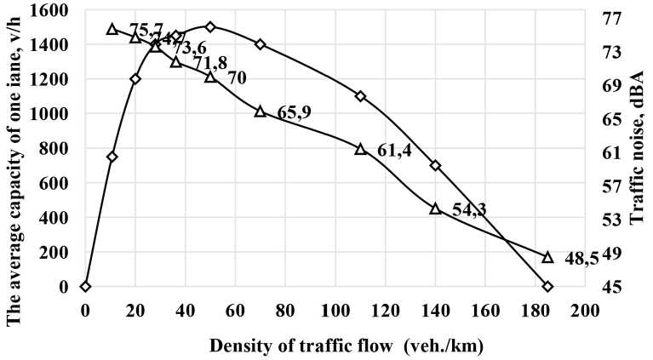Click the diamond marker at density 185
pos(547,287)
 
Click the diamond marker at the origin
pos(85,287)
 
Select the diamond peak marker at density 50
pos(210,26)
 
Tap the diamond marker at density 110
pos(360,96)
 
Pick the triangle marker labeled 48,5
pos(547,257)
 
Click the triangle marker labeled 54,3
pos(435,209)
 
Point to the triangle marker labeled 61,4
pos(360,149)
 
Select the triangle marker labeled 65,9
pos(261,111)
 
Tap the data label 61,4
pos(395,151)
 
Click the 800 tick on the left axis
pos(60,148)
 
